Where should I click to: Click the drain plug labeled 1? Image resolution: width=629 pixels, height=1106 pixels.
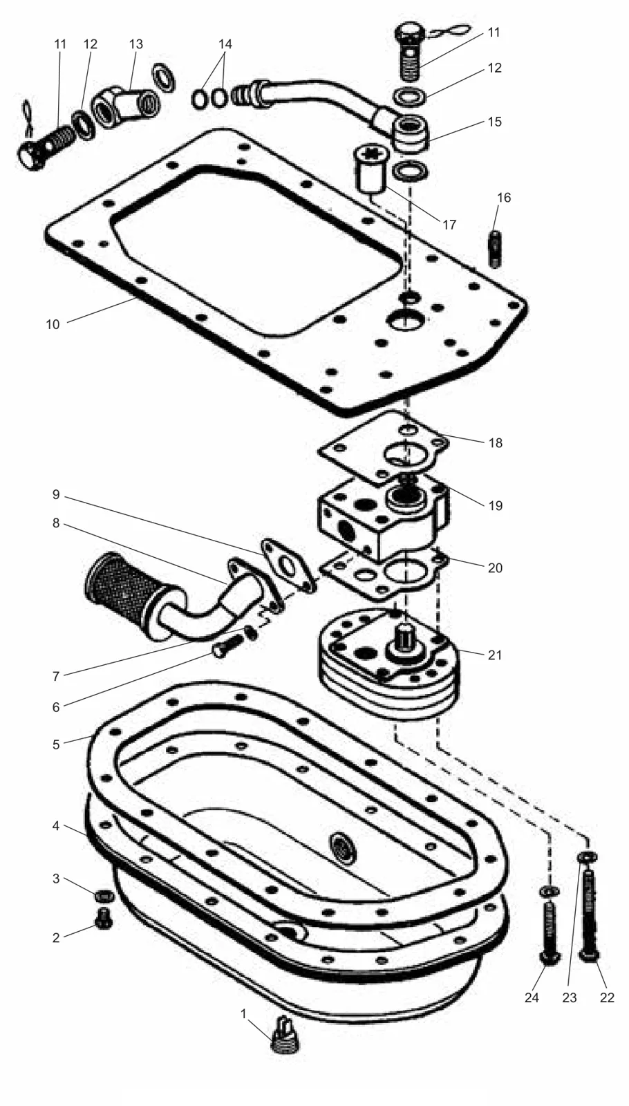pyautogui.click(x=285, y=1034)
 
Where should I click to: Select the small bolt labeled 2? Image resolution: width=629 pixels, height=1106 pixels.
pyautogui.click(x=103, y=918)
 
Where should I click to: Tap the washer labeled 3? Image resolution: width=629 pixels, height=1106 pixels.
pyautogui.click(x=104, y=896)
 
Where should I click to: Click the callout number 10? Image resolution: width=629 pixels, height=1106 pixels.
pyautogui.click(x=53, y=324)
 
